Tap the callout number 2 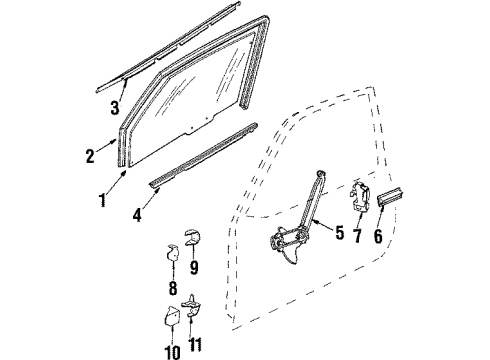[89, 156]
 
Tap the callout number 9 [193, 268]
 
